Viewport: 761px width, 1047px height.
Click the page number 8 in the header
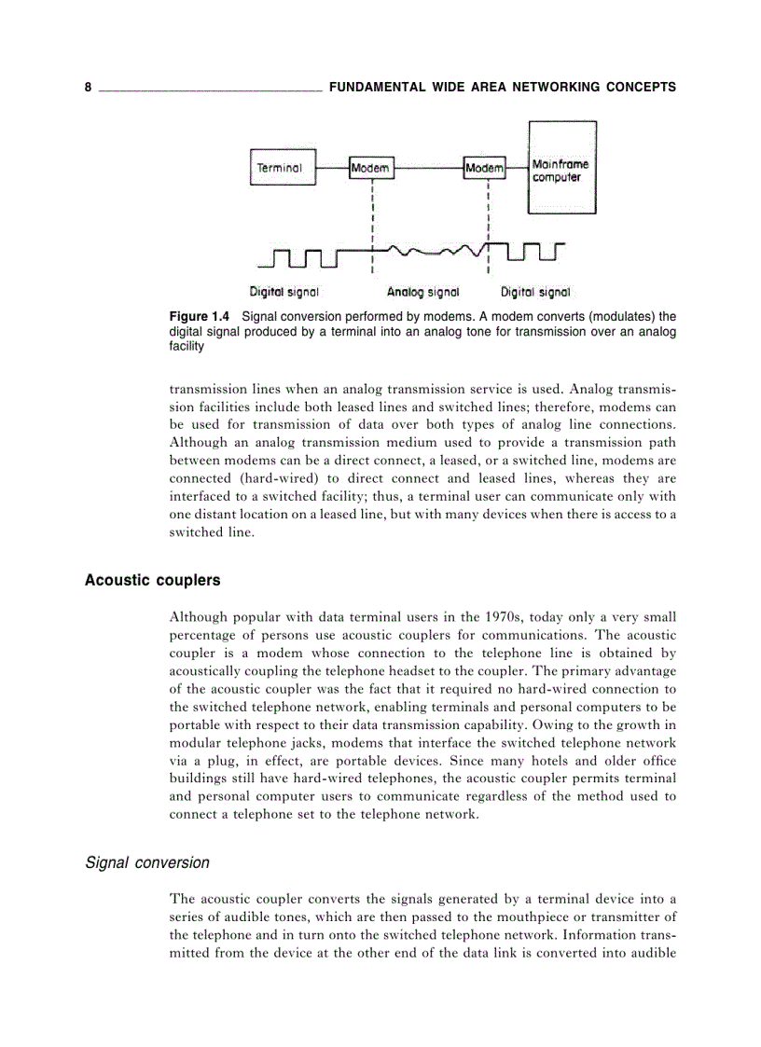point(88,88)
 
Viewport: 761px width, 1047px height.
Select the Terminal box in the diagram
point(280,168)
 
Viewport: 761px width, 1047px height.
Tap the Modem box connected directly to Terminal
point(371,168)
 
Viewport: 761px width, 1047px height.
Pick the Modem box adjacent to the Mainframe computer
point(485,168)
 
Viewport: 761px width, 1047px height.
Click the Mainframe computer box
point(562,168)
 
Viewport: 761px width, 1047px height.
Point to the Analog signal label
point(422,292)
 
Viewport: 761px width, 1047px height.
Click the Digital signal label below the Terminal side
point(284,292)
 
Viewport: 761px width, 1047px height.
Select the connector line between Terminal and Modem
point(331,168)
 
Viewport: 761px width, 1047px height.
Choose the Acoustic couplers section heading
point(152,580)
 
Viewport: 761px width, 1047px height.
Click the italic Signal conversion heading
point(147,862)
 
